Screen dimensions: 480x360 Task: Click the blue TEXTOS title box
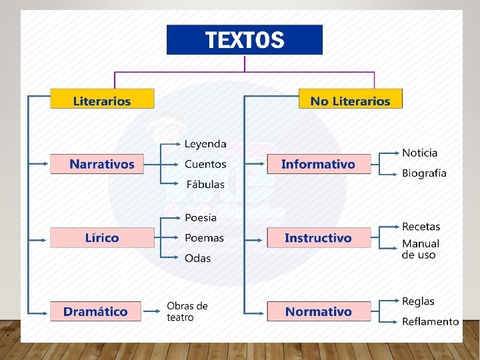coord(244,40)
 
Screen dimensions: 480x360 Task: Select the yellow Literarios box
coord(102,100)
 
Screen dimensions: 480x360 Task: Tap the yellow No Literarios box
coord(350,100)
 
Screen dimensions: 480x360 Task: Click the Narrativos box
coord(102,164)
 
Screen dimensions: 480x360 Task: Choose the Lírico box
coord(102,238)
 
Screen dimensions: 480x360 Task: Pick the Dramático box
coord(95,311)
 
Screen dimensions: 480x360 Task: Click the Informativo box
coord(319,164)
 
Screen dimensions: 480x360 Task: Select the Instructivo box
coord(319,238)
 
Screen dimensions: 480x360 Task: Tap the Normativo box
coord(319,311)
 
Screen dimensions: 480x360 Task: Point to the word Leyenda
coord(205,144)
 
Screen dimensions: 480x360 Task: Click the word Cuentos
coord(205,164)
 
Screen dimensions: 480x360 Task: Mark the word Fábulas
coord(205,184)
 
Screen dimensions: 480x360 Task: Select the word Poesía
coord(201,217)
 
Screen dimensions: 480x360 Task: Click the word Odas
coord(197,258)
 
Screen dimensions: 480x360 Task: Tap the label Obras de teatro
coord(187,311)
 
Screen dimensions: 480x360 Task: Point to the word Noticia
coord(420,153)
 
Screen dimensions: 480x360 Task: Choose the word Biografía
coord(424,173)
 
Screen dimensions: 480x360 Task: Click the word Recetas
coord(421,227)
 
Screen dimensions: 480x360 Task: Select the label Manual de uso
coord(421,249)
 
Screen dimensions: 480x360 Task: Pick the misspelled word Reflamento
coord(430,321)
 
